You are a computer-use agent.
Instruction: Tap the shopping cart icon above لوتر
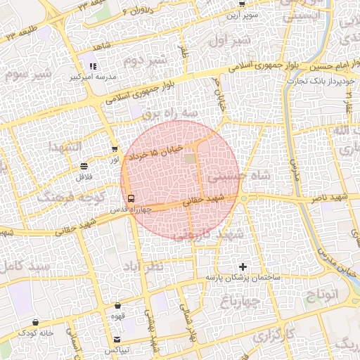pos(115,149)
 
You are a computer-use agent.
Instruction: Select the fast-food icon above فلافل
pos(84,167)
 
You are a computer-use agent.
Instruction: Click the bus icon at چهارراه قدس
pos(131,198)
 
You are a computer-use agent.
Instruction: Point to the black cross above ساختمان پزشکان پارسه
pos(243,266)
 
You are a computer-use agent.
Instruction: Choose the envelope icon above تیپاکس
pos(117,339)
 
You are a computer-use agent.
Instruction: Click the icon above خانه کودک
pos(34,321)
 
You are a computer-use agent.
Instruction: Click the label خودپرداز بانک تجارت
pos(321,82)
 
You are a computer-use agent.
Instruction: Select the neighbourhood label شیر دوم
pos(146,60)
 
